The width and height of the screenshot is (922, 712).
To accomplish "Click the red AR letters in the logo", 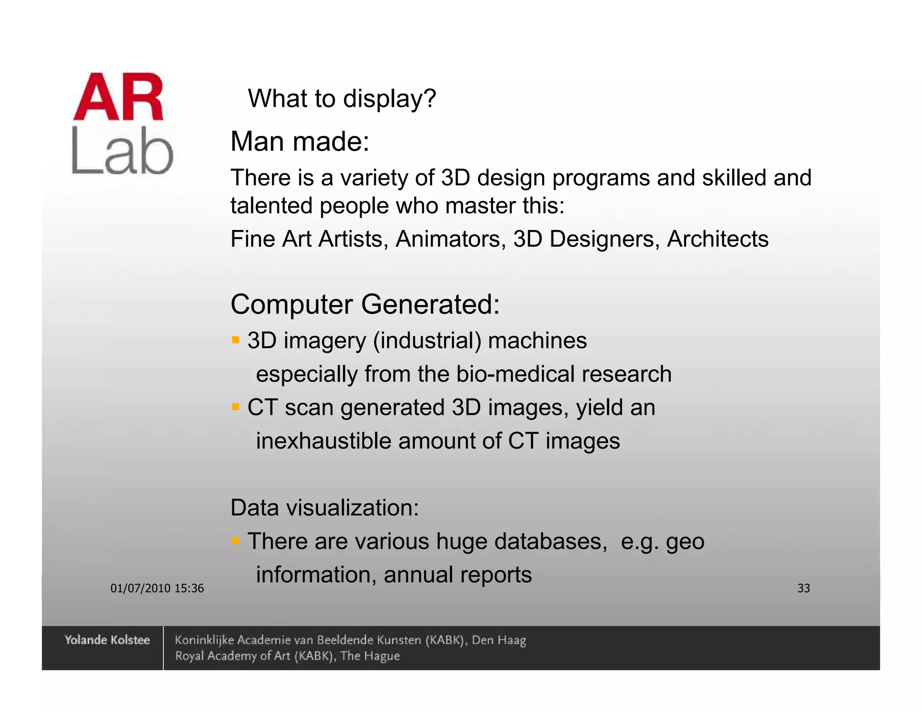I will (118, 97).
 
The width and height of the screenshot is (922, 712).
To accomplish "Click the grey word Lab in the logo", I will (122, 151).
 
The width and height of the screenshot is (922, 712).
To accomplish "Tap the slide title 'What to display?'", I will (342, 99).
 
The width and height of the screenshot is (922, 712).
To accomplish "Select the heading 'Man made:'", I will (300, 142).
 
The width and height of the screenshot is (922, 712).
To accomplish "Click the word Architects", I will (718, 239).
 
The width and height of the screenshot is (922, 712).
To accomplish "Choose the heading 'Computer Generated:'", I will (365, 304).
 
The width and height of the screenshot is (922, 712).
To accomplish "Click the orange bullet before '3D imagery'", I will (235, 339).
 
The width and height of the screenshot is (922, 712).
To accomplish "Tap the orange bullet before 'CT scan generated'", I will (235, 407).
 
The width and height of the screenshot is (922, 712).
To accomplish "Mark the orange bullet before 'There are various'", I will (235, 540).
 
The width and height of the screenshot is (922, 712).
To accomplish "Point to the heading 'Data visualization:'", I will (325, 508).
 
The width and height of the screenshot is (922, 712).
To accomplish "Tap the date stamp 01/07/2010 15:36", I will (157, 588).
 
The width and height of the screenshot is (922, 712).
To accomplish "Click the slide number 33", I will (804, 588).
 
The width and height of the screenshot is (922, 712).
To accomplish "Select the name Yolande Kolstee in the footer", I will (107, 640).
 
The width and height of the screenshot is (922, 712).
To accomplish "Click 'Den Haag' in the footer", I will (499, 640).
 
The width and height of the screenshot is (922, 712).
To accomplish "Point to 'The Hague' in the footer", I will (370, 656).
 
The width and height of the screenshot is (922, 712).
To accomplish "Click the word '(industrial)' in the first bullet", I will (427, 341).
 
